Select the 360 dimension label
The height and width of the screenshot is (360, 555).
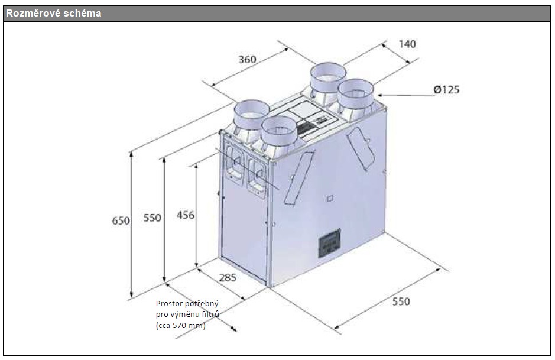tap(248, 60)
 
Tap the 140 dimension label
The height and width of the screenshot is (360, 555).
tap(407, 44)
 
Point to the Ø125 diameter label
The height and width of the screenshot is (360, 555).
tap(446, 90)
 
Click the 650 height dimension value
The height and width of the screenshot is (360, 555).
tap(121, 220)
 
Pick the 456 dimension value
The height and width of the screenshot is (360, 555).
tap(186, 215)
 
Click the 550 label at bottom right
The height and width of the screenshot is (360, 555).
tap(401, 301)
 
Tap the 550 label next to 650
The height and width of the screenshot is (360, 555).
tap(152, 218)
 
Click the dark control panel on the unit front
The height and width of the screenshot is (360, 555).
tap(330, 242)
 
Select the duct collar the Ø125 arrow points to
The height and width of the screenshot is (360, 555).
tap(356, 95)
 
